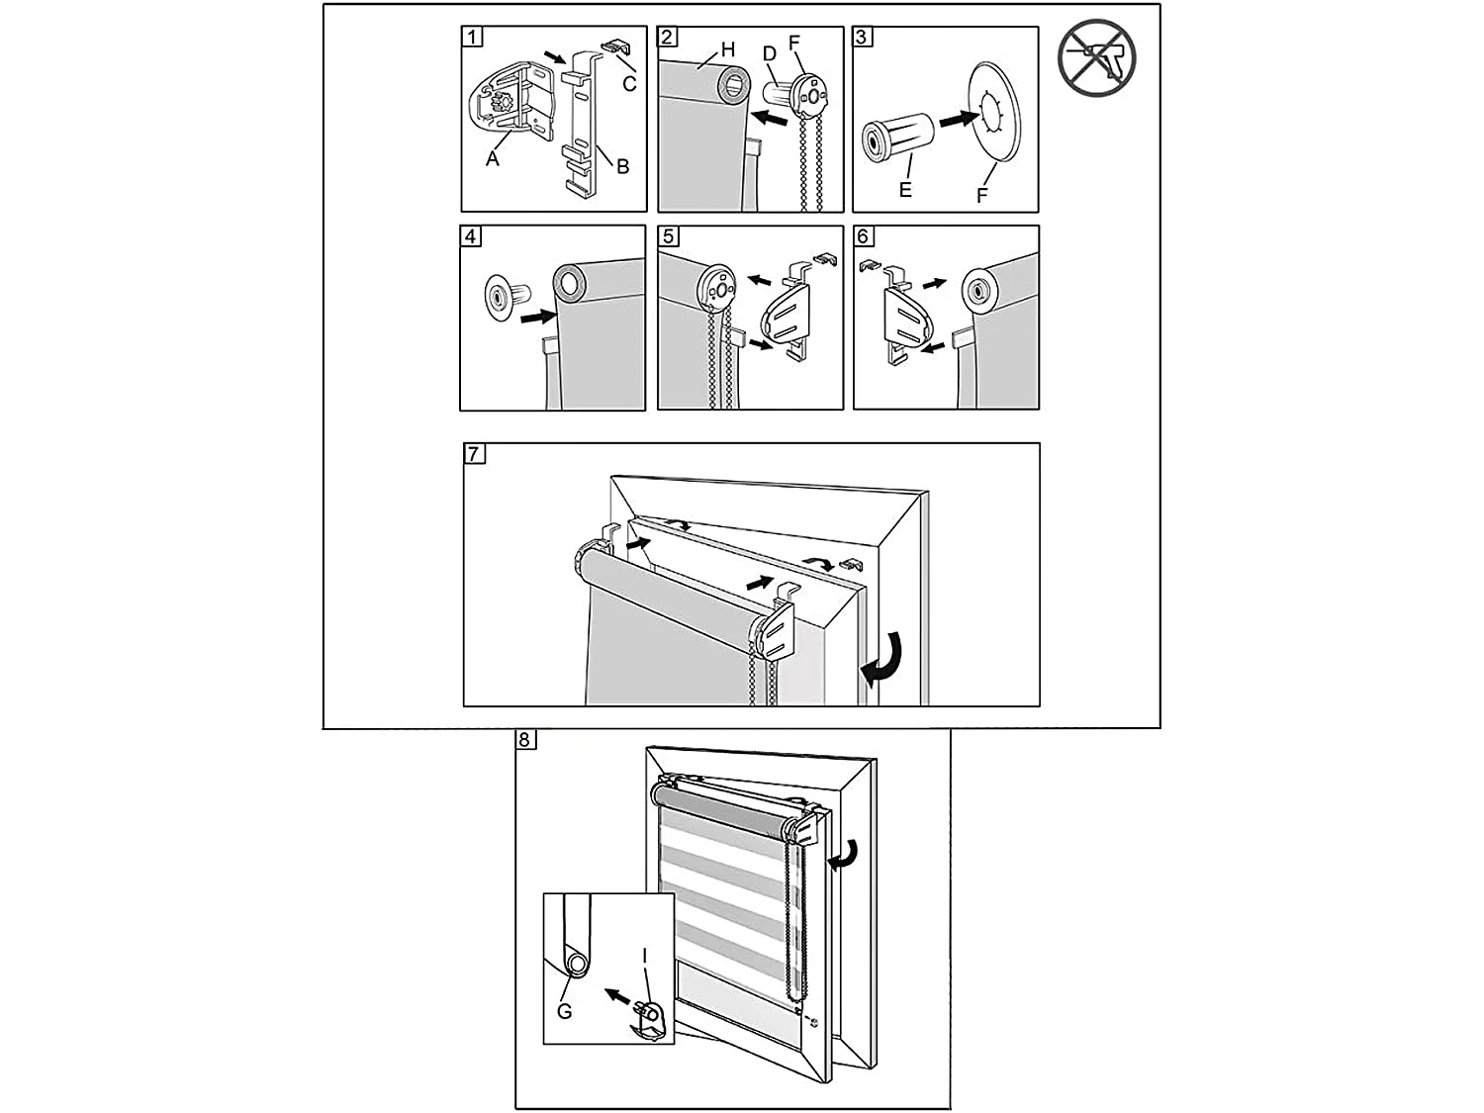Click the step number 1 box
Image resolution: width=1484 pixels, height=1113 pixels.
click(473, 38)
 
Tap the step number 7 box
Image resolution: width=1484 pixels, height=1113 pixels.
click(475, 454)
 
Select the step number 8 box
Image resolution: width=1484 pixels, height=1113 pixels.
click(525, 740)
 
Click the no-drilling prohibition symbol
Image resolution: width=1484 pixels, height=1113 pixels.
click(1096, 57)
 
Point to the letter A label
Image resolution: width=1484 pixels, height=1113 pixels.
click(493, 158)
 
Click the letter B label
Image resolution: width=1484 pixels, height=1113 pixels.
click(622, 166)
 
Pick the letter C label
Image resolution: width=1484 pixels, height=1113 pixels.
click(629, 83)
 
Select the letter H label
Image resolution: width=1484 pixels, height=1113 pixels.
click(728, 48)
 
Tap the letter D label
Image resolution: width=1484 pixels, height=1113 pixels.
click(769, 51)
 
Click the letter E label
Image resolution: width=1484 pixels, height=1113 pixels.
click(904, 190)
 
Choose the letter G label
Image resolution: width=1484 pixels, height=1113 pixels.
click(565, 1011)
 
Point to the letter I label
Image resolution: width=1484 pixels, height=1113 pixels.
click(645, 956)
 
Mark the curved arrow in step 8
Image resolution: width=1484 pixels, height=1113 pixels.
click(847, 852)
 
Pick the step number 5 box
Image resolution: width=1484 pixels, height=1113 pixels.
click(669, 236)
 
